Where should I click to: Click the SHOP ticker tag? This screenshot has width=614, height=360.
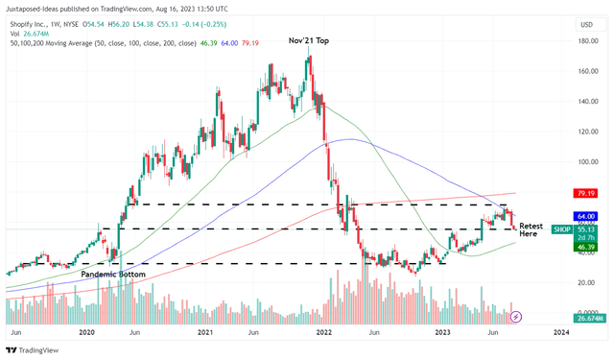pyautogui.click(x=563, y=229)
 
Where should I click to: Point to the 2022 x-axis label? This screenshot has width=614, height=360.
pyautogui.click(x=321, y=331)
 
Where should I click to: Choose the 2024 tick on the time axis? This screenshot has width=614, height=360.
pyautogui.click(x=561, y=331)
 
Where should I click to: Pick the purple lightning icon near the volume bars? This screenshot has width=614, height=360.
pyautogui.click(x=516, y=316)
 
